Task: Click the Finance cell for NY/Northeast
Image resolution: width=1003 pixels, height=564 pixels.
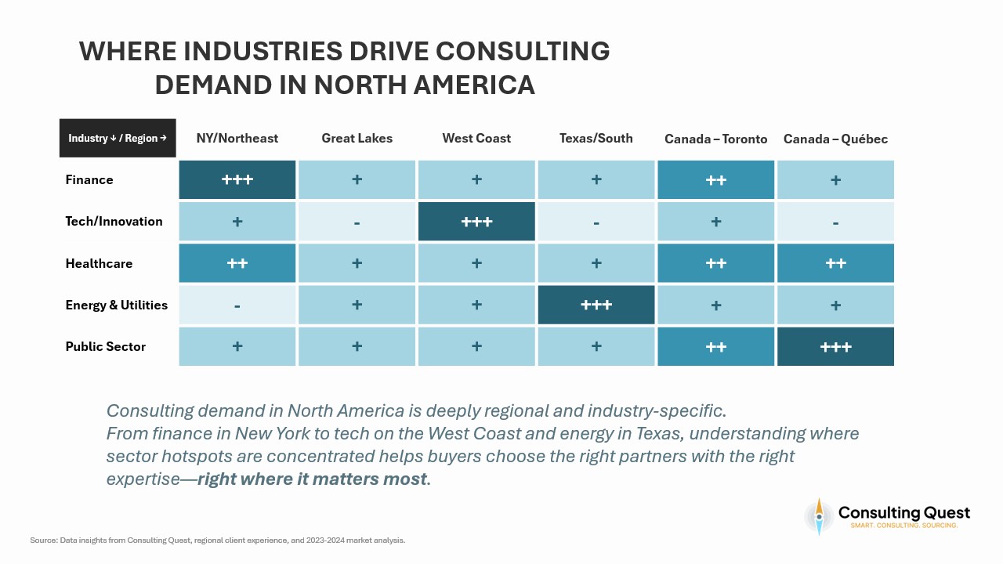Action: [x=237, y=179]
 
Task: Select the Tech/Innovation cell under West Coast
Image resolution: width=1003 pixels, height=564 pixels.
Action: [x=476, y=222]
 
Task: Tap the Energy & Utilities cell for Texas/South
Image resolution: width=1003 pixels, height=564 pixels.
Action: [x=596, y=305]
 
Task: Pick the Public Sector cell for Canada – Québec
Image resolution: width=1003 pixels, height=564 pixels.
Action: [x=835, y=346]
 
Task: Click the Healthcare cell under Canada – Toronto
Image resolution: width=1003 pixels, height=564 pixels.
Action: [x=715, y=263]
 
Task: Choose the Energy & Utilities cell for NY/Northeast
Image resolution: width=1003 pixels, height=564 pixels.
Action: [x=237, y=305]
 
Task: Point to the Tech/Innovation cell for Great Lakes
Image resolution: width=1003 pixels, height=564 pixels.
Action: [x=357, y=222]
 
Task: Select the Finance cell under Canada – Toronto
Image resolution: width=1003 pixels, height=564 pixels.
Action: [x=715, y=179]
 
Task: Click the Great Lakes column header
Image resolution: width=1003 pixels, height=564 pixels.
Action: [x=357, y=139]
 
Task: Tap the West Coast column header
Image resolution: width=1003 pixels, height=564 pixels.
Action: [x=476, y=139]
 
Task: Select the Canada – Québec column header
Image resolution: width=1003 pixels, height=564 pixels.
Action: [x=835, y=139]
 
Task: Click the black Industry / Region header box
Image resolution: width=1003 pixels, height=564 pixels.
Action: [x=118, y=138]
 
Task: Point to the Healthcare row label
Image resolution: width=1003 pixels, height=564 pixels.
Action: [x=99, y=263]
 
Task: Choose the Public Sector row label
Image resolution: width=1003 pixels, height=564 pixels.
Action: [x=105, y=346]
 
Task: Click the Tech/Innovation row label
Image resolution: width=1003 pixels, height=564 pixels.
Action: [x=114, y=222]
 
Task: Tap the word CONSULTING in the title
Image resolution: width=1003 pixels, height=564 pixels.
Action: [x=523, y=52]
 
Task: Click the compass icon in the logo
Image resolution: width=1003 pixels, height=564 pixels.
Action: [x=819, y=516]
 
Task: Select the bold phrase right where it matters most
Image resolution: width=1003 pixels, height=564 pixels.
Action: [x=313, y=479]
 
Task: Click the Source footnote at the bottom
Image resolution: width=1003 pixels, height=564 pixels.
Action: [x=217, y=540]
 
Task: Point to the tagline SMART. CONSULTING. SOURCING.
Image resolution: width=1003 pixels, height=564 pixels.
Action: [x=904, y=525]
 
